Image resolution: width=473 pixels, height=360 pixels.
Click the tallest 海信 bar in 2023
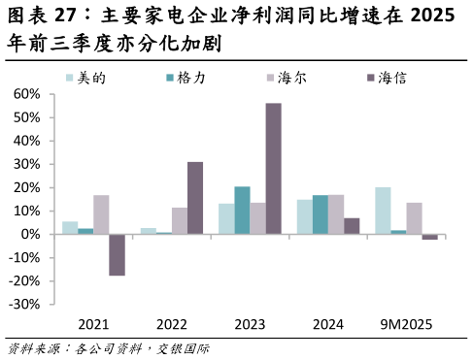273,168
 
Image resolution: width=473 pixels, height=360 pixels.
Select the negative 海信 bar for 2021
117,254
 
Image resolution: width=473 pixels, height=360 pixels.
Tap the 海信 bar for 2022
195,198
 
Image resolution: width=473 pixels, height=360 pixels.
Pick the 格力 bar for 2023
242,210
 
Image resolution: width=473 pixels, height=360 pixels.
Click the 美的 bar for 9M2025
383,211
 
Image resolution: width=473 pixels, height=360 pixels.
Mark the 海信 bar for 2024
351,226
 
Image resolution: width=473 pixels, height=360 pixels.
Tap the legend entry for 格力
185,77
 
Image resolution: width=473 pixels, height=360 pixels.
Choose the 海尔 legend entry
285,77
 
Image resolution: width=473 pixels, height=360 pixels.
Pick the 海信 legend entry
386,77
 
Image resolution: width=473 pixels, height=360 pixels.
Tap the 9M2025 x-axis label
406,323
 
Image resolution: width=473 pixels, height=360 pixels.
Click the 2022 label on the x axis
172,323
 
